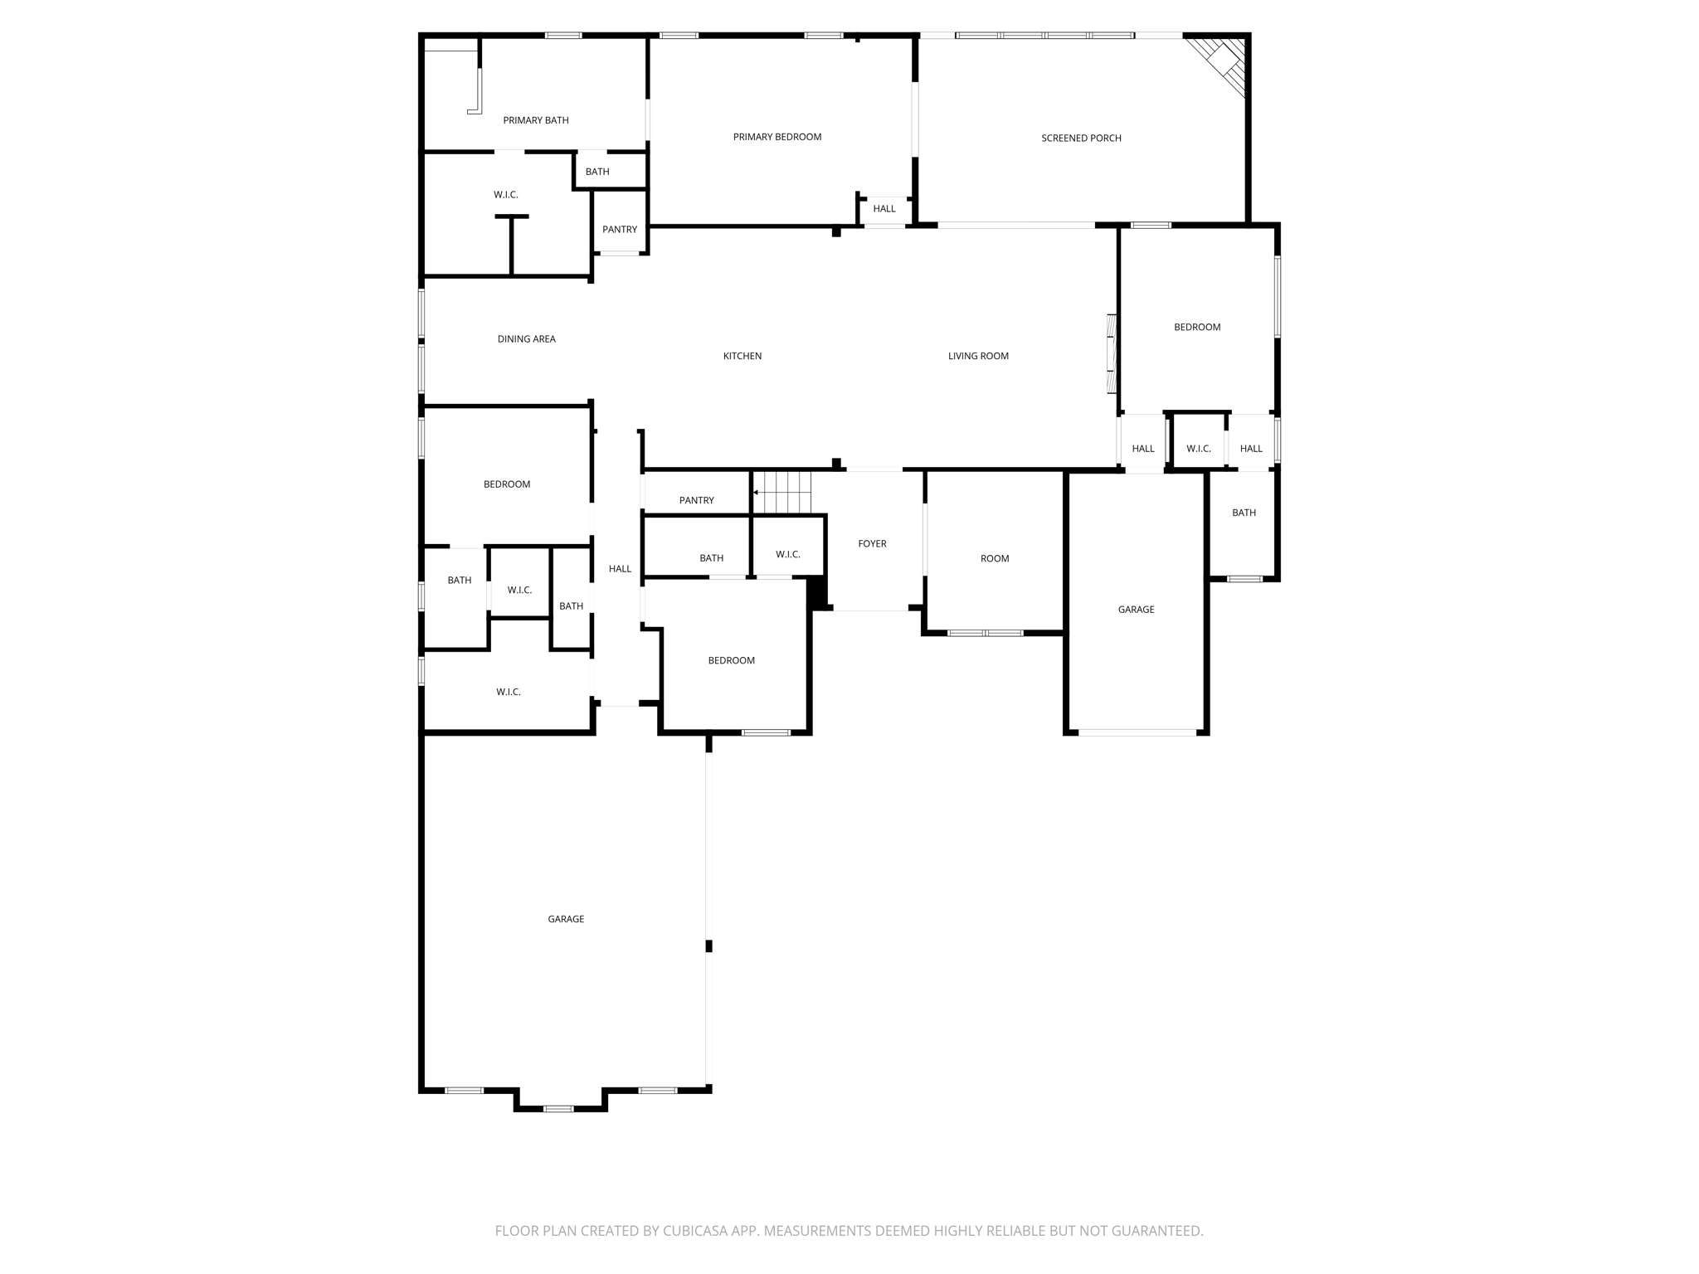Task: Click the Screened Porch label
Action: (1081, 139)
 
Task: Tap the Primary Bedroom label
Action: (776, 137)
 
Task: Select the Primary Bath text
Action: (535, 120)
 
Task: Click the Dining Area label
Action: (526, 339)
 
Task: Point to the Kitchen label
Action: (742, 356)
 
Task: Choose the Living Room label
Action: (978, 356)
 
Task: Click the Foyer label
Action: (872, 544)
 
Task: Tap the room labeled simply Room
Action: (994, 559)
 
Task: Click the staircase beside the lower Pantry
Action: (782, 493)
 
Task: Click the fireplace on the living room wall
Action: (1112, 354)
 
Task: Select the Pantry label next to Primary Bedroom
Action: (620, 230)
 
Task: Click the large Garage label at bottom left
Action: (566, 919)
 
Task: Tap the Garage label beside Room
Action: (1136, 610)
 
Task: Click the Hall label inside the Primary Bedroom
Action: (884, 209)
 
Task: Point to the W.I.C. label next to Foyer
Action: (787, 554)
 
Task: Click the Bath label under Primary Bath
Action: (597, 172)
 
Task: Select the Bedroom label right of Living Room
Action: (1196, 328)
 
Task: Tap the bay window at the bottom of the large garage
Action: (558, 1108)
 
